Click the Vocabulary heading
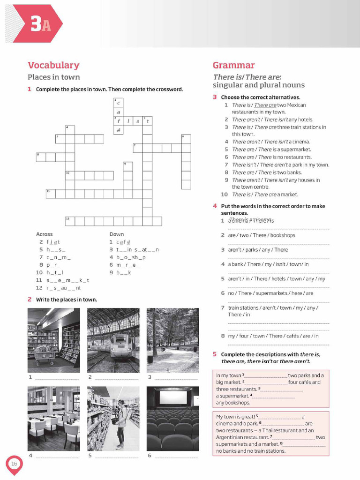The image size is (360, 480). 53,65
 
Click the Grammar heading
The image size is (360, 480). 233,65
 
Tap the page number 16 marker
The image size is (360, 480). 14,464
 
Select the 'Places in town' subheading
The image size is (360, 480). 53,77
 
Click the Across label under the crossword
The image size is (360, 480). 45,234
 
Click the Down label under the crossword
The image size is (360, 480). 116,234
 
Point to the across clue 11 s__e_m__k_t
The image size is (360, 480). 63,280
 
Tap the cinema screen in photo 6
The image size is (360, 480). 172,397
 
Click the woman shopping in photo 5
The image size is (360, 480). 121,420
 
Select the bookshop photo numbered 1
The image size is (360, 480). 53,337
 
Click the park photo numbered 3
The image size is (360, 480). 172,337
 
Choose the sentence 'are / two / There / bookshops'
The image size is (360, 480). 262,235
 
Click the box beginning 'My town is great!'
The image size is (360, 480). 270,433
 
